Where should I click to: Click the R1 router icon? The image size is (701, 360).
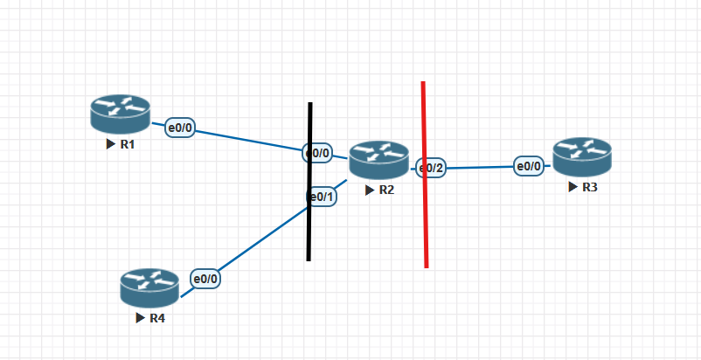point(120,114)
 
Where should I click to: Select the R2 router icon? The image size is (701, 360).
point(378,160)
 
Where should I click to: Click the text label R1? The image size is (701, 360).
point(128,144)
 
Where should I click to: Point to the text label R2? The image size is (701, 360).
point(386,190)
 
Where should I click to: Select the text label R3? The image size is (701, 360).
point(590,187)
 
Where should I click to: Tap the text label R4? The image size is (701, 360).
point(157,318)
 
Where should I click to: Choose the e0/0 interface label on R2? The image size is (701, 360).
point(317,153)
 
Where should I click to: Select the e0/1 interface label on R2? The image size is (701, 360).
point(322,197)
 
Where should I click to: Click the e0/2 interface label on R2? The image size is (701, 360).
point(431,168)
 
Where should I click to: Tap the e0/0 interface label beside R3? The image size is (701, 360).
point(529,165)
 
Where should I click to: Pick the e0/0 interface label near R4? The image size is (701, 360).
point(205,279)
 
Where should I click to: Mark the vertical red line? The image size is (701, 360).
point(425,218)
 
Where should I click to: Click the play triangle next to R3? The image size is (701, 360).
point(573,187)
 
